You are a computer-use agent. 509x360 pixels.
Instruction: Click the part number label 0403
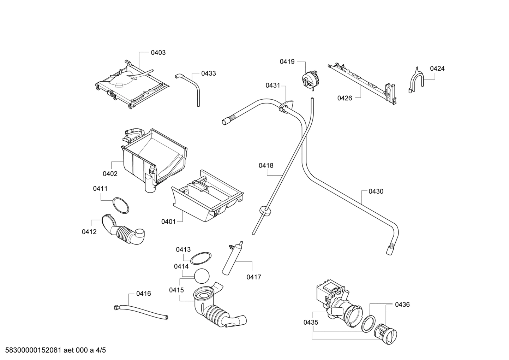[x=158, y=53]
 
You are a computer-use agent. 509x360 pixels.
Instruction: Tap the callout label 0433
[x=208, y=73]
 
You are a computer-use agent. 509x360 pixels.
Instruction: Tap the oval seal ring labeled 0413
[x=201, y=258]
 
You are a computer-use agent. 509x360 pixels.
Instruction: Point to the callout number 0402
[x=110, y=174]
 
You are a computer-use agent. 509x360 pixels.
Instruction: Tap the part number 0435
[x=311, y=322]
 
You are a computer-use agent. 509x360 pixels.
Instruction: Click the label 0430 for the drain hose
[x=376, y=191]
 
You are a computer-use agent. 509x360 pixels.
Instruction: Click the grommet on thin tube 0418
[x=265, y=211]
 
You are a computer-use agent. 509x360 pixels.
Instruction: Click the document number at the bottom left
[x=53, y=350]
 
